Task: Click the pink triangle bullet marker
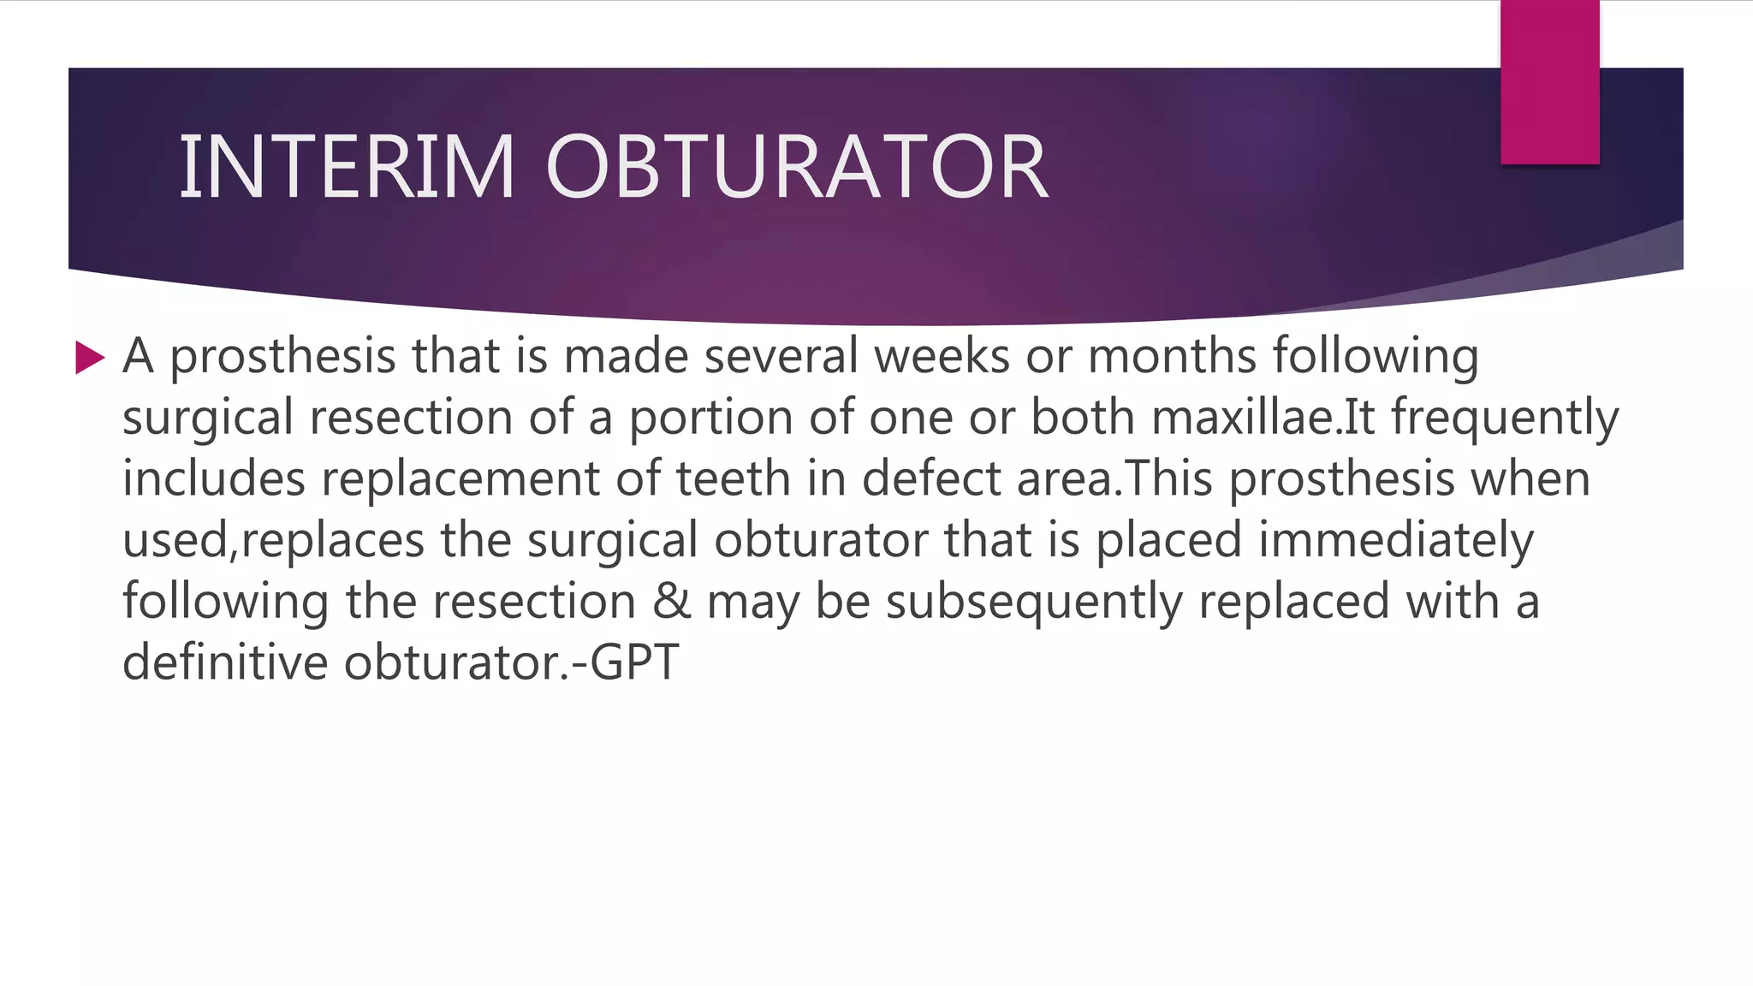pyautogui.click(x=89, y=357)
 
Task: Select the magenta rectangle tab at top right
pyautogui.click(x=1549, y=82)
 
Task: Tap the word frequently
pyautogui.click(x=1505, y=418)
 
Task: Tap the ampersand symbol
pyautogui.click(x=671, y=601)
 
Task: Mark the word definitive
pyautogui.click(x=225, y=662)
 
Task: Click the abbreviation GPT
pyautogui.click(x=634, y=662)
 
